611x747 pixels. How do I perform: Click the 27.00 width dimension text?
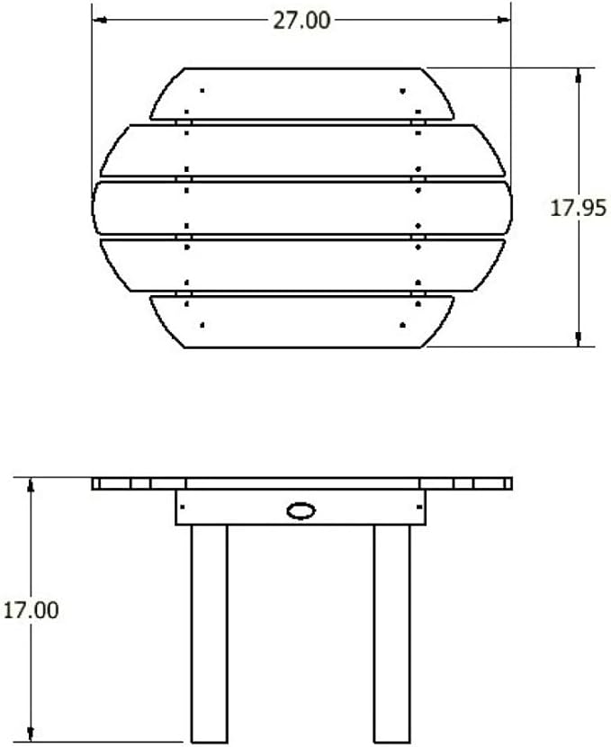tap(301, 21)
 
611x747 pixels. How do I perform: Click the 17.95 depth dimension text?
tap(578, 208)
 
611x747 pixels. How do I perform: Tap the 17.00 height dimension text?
tap(31, 610)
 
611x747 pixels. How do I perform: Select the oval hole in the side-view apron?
tap(301, 510)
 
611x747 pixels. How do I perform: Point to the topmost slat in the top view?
tap(302, 94)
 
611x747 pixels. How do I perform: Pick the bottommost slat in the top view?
tap(302, 322)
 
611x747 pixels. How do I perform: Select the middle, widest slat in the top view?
tap(302, 208)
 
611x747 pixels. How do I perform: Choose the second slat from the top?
tap(302, 150)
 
